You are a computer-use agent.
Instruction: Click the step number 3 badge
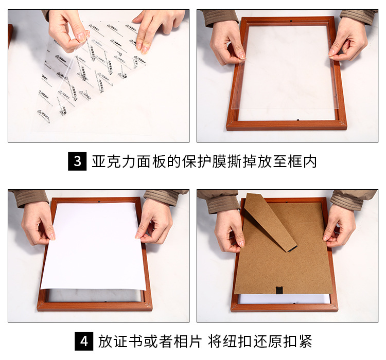point(77,161)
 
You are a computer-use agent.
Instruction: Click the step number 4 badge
point(84,341)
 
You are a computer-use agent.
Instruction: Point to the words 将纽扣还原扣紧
point(260,341)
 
